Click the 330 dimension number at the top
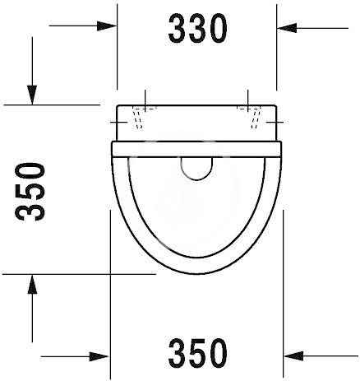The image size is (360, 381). (x=197, y=29)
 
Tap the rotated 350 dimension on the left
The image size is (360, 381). (x=30, y=192)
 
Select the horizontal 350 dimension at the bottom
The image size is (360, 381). (x=197, y=353)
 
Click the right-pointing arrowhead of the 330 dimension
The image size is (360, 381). (x=107, y=26)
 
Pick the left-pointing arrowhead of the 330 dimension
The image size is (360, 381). (x=287, y=28)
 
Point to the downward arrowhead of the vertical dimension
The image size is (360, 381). (x=32, y=95)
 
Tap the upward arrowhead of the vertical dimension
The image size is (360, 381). (x=32, y=284)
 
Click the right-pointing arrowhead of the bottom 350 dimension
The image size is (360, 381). (x=99, y=356)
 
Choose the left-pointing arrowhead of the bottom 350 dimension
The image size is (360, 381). (x=293, y=356)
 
